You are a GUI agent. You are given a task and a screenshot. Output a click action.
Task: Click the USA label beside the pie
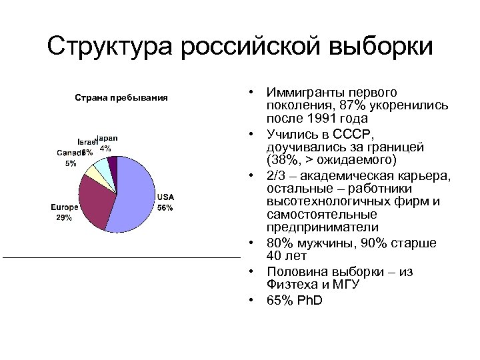point(165,197)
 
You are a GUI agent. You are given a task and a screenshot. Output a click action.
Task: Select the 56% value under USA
point(165,207)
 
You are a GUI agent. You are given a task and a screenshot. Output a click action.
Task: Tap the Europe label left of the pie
point(65,207)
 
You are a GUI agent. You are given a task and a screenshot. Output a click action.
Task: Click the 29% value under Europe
point(64,217)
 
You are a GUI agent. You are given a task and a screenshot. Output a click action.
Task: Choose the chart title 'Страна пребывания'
point(119,98)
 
